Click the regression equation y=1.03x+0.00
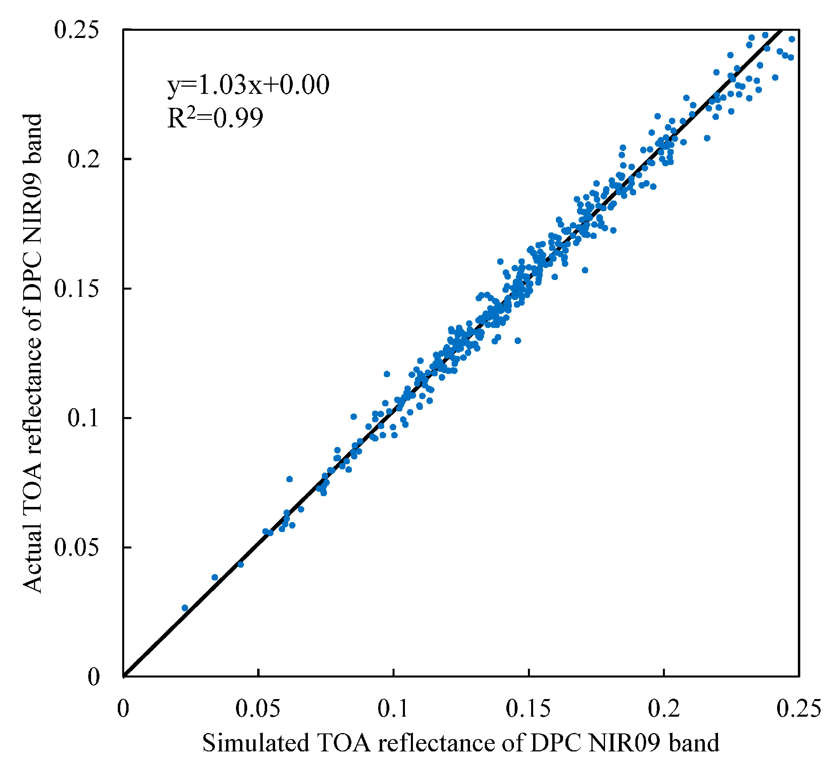(248, 85)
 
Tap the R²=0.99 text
(215, 118)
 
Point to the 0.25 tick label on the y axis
(77, 31)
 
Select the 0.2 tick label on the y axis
(84, 160)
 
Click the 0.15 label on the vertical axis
(77, 290)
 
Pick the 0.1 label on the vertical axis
(84, 419)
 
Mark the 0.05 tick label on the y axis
(77, 548)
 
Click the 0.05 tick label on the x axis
(258, 709)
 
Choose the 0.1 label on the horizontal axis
(393, 709)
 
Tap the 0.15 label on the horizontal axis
(528, 709)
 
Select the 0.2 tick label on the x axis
(664, 709)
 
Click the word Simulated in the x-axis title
(256, 743)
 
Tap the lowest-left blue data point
(185, 608)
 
